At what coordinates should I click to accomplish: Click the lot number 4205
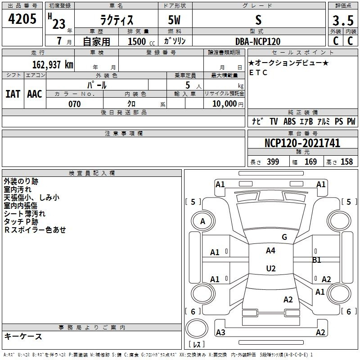coord(22,19)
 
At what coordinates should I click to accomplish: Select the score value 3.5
coord(343,21)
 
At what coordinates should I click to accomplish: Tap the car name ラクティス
coord(117,20)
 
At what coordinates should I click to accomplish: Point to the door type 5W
coord(174,20)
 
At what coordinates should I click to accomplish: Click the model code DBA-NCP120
coord(258,41)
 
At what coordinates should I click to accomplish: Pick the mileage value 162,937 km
coord(53,65)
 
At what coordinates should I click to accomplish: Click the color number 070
coord(75,104)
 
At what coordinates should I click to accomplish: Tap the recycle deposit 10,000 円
coord(228,104)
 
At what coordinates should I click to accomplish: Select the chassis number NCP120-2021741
coord(302,143)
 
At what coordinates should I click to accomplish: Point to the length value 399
coord(273,162)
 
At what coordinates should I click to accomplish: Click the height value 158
coord(346,162)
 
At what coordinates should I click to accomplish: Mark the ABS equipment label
coord(289,121)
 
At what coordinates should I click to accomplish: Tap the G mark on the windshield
coord(284,237)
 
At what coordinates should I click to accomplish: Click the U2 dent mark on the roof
coord(271,268)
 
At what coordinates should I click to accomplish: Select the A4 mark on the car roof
coord(271,251)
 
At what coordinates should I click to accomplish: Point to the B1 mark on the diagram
coord(317,260)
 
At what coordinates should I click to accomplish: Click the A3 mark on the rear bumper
coord(220,333)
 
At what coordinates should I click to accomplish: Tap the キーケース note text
coord(23,337)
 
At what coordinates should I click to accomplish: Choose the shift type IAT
coord(13,94)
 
